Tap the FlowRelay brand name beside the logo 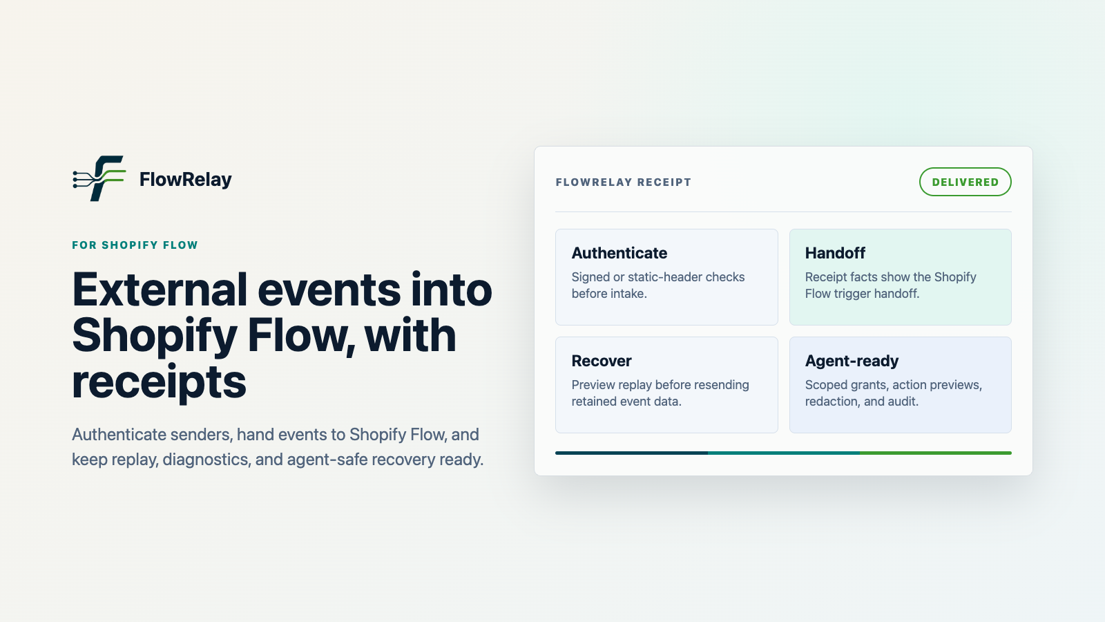(186, 180)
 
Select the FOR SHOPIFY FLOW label (135, 245)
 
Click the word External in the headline (160, 290)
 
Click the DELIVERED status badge (965, 182)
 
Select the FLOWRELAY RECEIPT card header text (624, 182)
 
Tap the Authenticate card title (619, 253)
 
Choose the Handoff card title (835, 253)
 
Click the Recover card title (602, 361)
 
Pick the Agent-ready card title (852, 361)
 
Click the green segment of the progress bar (936, 453)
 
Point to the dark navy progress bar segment (631, 453)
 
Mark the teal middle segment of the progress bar (784, 453)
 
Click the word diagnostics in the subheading (206, 460)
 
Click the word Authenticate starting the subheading (119, 435)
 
